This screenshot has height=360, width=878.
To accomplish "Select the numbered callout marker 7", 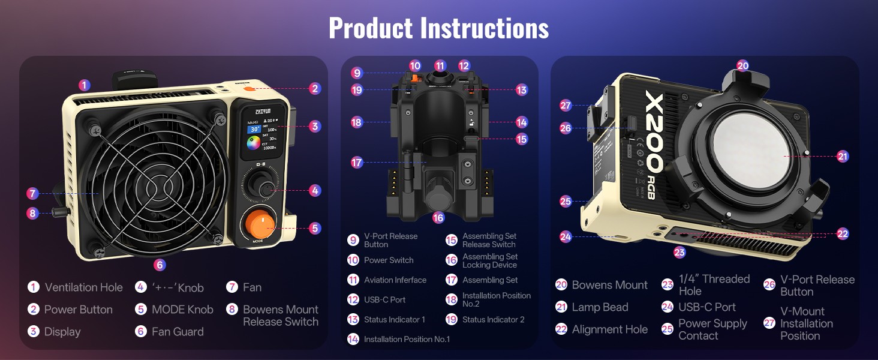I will (33, 193).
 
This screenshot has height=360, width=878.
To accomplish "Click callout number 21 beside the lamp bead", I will (843, 157).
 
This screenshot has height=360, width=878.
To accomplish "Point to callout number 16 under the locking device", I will (438, 218).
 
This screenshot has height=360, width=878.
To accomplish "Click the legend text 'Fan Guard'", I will (178, 332).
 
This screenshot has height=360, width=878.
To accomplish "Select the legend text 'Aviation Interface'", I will (395, 280).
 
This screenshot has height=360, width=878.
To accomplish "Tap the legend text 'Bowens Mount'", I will (609, 285).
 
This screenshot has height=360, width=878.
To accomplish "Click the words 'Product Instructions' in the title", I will (438, 28).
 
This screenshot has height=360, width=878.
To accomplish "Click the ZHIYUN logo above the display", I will (263, 110).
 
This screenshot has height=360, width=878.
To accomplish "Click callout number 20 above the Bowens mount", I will (742, 66).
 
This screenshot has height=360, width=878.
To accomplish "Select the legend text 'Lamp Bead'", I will (600, 307).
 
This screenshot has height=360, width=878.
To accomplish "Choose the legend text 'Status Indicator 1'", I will (394, 320).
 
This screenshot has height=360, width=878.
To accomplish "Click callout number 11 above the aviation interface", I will (441, 66).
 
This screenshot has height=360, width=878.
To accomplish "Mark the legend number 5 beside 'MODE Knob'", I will (140, 310).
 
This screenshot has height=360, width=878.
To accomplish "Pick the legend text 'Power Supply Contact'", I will (712, 329).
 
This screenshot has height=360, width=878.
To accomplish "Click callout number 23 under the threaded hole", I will (679, 253).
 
